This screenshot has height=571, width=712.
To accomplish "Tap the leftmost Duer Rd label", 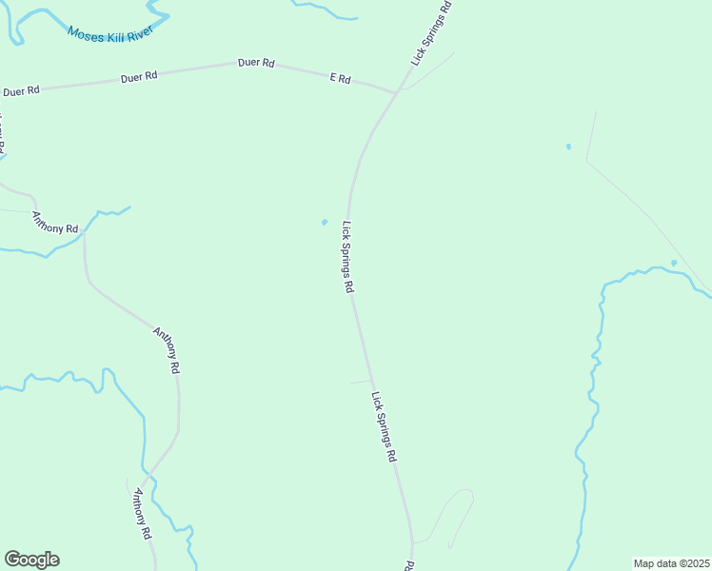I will pos(21,91).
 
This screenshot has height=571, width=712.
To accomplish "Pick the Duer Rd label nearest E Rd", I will pos(256,64).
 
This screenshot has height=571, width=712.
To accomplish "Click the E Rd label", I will pos(340,78).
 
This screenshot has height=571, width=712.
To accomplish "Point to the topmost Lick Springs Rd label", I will pos(430,33).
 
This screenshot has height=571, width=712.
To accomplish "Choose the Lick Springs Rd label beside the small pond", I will pos(348,257).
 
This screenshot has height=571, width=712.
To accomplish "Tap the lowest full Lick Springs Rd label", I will pos(384,426).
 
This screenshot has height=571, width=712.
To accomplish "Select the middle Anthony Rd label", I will pos(167,349).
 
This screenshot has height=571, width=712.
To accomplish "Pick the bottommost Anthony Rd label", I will pos(142,515).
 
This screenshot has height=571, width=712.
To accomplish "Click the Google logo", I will pos(31,560).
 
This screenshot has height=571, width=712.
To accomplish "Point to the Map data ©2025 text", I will pos(672,563).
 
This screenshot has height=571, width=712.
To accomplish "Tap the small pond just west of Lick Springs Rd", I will pos(325,223).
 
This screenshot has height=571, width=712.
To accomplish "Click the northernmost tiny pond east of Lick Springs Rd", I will pos(568,147).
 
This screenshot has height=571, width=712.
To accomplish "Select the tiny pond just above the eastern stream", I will pos(674,263).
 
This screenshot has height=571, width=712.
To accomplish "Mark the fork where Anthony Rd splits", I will pos(148,472).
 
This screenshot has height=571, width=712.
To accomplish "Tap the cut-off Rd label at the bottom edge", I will pos(408,565).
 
